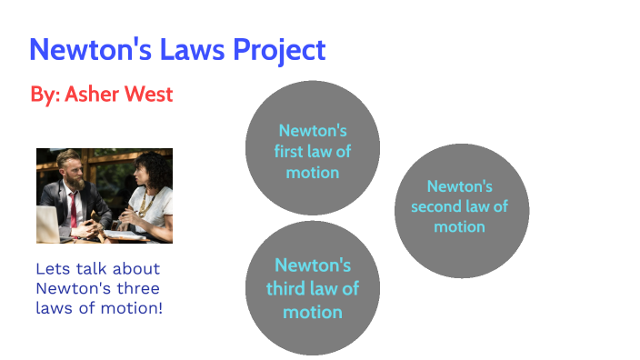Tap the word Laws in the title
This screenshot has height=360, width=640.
[x=189, y=50]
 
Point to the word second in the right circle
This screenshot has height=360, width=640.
[x=438, y=206]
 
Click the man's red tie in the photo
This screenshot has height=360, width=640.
[x=72, y=207]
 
